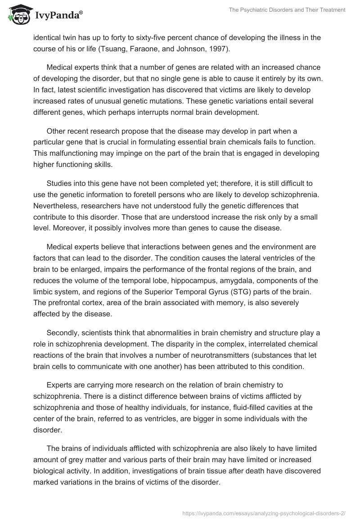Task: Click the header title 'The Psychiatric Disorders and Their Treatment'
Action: (283, 10)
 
